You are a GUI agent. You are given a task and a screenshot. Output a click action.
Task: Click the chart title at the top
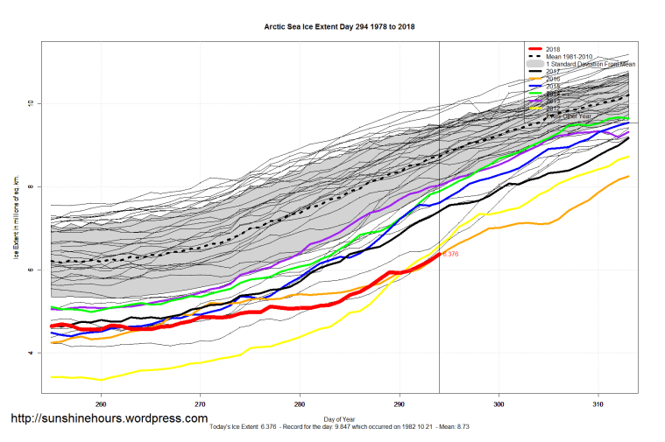point(339,27)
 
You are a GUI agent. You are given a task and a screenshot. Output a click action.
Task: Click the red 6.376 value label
point(450,254)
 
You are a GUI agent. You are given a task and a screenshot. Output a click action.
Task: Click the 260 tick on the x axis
point(101,404)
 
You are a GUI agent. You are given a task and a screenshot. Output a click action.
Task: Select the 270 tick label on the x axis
point(201,404)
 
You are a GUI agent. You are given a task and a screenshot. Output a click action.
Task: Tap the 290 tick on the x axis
point(400,404)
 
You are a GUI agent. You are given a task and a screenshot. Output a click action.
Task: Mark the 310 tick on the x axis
point(598,404)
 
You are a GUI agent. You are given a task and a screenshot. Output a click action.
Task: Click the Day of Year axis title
point(339,418)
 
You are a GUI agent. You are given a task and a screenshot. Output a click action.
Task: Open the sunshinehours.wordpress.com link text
point(109,418)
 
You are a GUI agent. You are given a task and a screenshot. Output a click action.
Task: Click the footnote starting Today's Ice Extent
point(339,427)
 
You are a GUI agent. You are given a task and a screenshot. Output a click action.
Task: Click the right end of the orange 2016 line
point(628,177)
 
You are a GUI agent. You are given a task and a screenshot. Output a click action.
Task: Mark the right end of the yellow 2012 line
point(628,157)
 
